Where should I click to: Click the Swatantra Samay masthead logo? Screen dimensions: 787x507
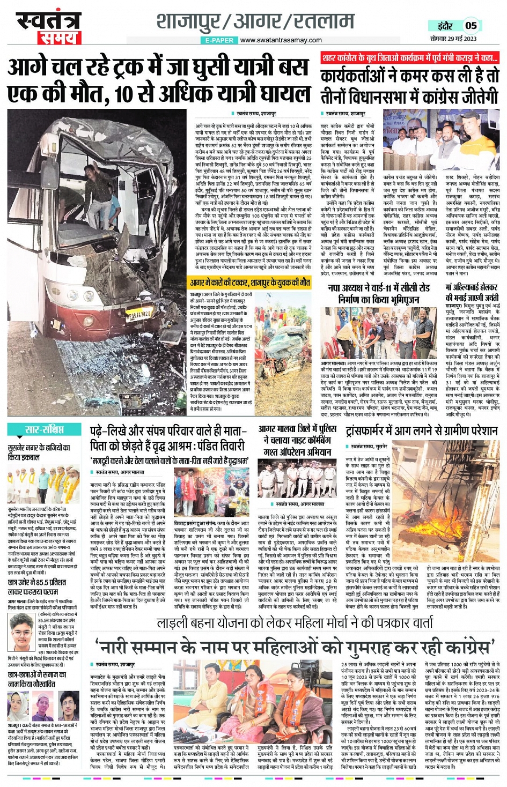47,27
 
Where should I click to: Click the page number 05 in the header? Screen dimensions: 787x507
471,25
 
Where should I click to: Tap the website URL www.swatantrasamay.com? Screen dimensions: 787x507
278,40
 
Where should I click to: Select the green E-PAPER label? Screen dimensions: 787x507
219,40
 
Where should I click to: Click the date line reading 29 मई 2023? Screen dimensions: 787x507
453,39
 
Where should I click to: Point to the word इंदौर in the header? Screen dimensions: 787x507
445,26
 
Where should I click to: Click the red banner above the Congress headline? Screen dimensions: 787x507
410,58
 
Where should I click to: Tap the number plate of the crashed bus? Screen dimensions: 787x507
139,315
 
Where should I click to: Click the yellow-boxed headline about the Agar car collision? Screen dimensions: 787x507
250,282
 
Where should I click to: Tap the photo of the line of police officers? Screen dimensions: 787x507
297,479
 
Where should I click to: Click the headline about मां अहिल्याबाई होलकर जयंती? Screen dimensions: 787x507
472,292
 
